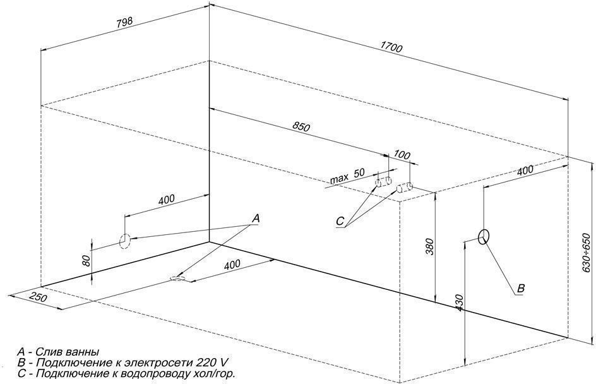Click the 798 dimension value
[x=124, y=23]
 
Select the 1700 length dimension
[x=391, y=48]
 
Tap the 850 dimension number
[x=301, y=127]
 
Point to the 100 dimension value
[x=402, y=155]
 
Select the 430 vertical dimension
[x=459, y=303]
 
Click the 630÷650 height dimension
[x=586, y=253]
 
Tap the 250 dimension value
[x=39, y=297]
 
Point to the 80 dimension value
[x=86, y=260]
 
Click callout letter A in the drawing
[x=256, y=219]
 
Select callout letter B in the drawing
[x=521, y=288]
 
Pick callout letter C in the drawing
[x=340, y=221]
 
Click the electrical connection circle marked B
[x=484, y=236]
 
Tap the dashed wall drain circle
[x=124, y=241]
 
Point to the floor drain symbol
[x=178, y=279]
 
